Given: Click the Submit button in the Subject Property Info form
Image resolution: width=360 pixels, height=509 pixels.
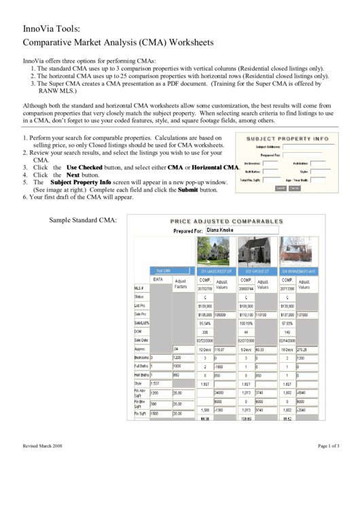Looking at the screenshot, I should click(280, 188).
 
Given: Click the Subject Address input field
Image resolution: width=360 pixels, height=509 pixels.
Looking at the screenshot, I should click(305, 146).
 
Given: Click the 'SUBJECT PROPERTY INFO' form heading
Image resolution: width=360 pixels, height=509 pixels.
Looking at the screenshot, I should click(287, 138).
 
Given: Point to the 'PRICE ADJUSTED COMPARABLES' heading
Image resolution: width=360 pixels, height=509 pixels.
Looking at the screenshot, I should click(226, 221).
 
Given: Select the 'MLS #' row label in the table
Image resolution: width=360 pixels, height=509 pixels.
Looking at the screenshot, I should click(139, 289).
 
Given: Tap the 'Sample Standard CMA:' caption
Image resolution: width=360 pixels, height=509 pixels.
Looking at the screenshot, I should click(83, 220).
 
